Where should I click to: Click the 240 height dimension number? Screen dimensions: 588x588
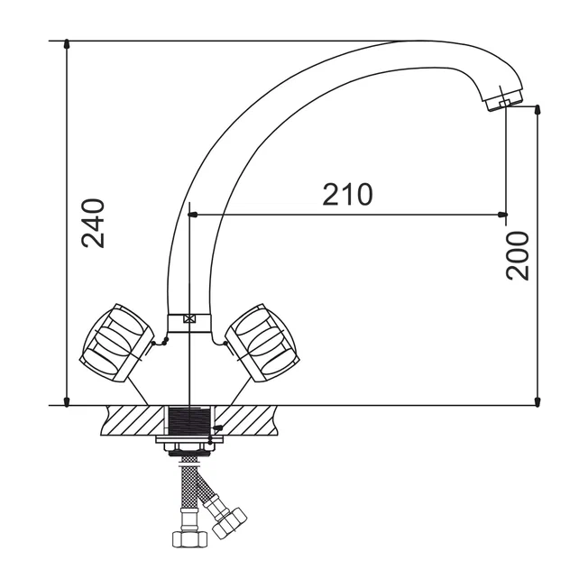[93, 224]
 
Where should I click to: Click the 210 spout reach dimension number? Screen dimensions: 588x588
[347, 195]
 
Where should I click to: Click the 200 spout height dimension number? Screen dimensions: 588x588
[518, 256]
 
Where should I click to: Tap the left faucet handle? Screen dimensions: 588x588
[116, 343]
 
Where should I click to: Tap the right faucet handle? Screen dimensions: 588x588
[262, 343]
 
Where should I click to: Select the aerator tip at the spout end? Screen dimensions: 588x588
[503, 100]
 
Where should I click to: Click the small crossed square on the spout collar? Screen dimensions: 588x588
[189, 319]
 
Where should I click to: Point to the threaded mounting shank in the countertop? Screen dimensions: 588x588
[189, 421]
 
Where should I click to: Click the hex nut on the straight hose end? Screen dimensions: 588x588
[189, 539]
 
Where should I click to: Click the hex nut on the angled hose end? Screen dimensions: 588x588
[229, 523]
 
